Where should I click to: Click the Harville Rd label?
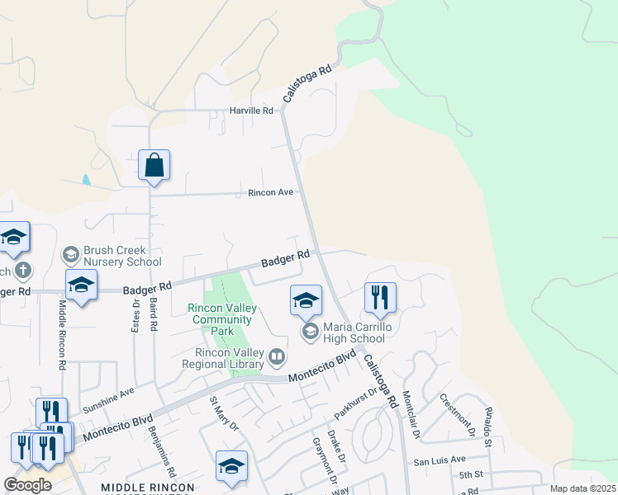click(251, 111)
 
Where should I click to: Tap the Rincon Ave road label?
click(271, 193)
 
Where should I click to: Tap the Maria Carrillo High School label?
click(354, 332)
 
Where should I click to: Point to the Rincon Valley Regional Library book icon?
click(277, 357)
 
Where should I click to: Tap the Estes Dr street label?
click(136, 313)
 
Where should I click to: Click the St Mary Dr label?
click(224, 415)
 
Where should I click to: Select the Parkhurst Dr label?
click(354, 395)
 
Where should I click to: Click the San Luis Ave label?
click(440, 460)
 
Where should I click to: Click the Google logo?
click(28, 485)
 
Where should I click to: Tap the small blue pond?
click(86, 179)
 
